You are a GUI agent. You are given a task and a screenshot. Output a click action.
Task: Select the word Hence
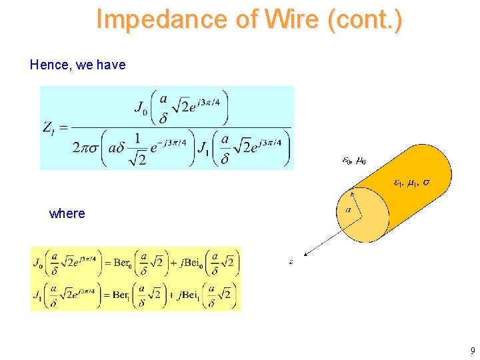[47, 65]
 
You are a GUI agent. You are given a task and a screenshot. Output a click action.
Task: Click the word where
[67, 213]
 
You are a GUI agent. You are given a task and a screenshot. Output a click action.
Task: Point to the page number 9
[472, 351]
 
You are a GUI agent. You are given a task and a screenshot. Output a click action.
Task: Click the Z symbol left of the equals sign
[48, 128]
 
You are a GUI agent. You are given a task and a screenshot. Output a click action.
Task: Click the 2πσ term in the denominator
[87, 147]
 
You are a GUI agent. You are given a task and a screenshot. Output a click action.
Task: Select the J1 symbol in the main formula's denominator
[203, 146]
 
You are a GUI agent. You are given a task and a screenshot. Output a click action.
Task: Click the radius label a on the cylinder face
[349, 209]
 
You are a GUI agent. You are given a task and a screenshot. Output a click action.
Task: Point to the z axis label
[291, 262]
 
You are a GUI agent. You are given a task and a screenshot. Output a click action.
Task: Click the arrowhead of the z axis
[304, 253]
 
